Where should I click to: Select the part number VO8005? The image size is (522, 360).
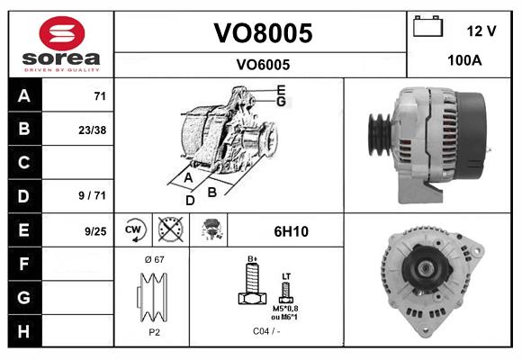pos(262,33)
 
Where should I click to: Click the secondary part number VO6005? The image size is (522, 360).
pos(262,64)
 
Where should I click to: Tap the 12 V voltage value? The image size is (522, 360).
pos(481,31)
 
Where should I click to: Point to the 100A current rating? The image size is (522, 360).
pos(464,61)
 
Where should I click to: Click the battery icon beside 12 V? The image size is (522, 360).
pos(426,28)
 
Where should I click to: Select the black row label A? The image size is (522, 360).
pos(24,95)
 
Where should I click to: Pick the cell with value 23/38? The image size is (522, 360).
pos(92,130)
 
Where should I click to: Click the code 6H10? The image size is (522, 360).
pos(291,231)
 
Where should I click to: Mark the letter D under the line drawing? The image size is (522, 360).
pos(190,200)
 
